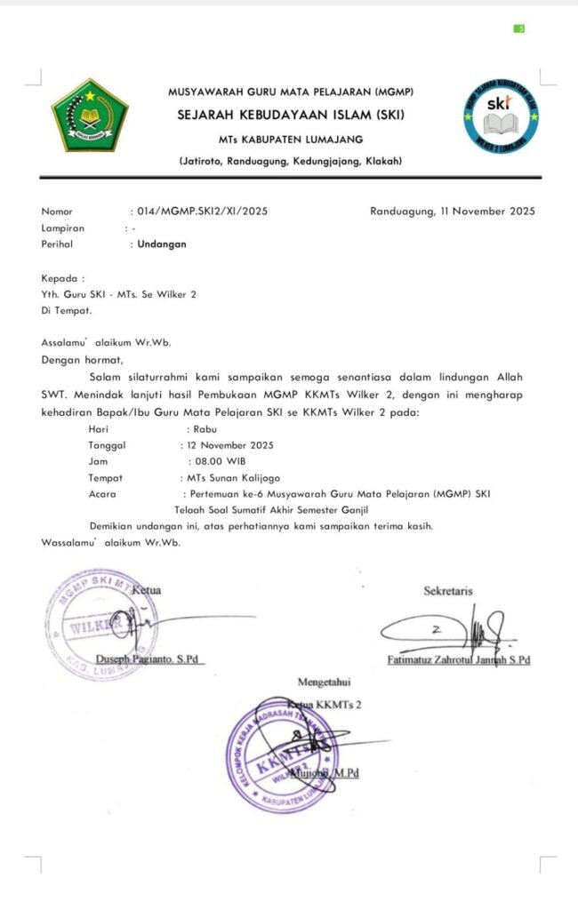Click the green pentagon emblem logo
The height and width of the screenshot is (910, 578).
89,116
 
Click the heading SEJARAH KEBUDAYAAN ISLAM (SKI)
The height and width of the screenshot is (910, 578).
290,116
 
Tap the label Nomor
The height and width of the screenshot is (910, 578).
57,212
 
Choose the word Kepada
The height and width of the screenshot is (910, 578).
61,278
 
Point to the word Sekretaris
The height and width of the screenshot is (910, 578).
448,590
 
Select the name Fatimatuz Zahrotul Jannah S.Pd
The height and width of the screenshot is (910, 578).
459,660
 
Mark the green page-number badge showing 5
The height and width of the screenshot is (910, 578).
520,28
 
